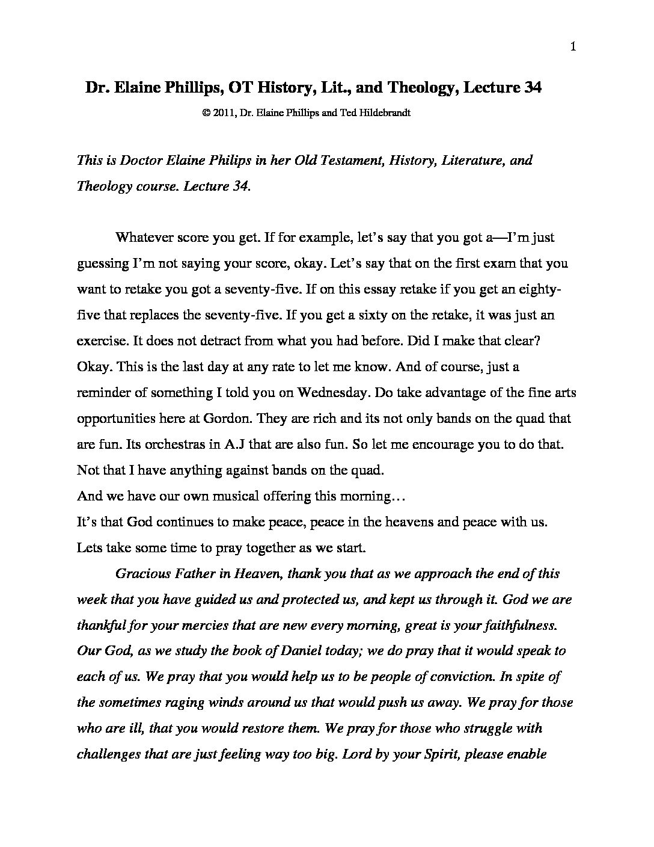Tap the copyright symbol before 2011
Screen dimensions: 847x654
point(207,112)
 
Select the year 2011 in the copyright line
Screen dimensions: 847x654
point(224,112)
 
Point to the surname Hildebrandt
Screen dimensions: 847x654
point(385,112)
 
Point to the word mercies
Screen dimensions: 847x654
point(197,625)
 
